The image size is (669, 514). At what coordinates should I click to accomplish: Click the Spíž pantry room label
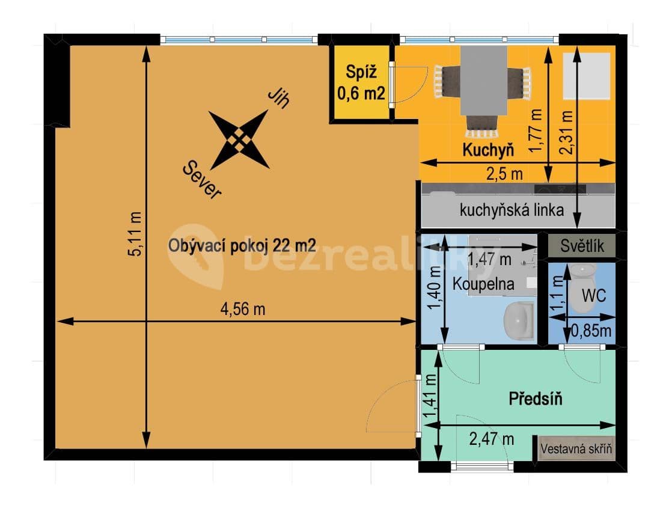pos(361,73)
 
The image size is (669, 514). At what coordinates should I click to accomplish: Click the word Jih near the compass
pos(278,99)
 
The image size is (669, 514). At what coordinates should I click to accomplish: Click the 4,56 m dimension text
pos(243,310)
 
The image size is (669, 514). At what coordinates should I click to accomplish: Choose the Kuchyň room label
pos(487,150)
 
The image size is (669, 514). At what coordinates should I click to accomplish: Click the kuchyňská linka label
pos(512,210)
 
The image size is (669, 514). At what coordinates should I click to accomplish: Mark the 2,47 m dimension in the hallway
pos(491,439)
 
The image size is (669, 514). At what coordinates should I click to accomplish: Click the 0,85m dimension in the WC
pos(591,330)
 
